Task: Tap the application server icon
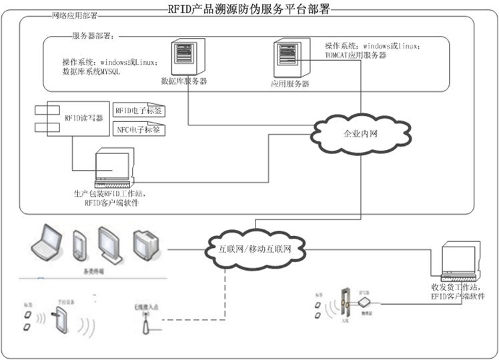click(x=288, y=59)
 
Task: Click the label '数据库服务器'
click(x=184, y=82)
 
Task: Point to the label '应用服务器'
click(x=290, y=85)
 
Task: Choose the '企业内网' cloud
click(x=360, y=133)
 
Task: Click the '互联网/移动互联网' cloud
click(x=256, y=249)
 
